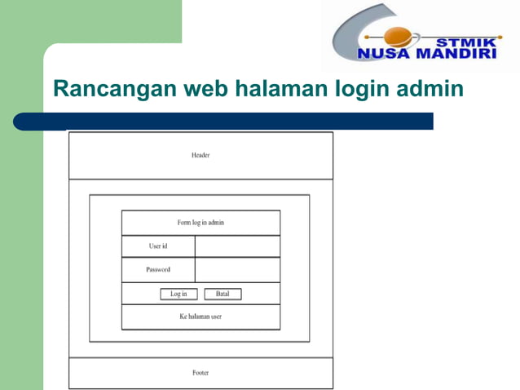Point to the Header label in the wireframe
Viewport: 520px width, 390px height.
[201, 155]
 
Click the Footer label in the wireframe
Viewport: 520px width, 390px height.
[201, 373]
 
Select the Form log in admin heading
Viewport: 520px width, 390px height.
[201, 223]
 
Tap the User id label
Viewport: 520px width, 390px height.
[158, 246]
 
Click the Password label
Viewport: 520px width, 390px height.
[158, 269]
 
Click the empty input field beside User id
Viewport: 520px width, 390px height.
[237, 246]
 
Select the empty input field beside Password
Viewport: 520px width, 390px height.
[237, 269]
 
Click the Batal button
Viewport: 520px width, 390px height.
[223, 294]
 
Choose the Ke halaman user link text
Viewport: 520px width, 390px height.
[201, 317]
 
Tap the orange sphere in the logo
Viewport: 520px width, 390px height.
[398, 36]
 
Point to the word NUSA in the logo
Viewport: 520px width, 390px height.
[383, 55]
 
